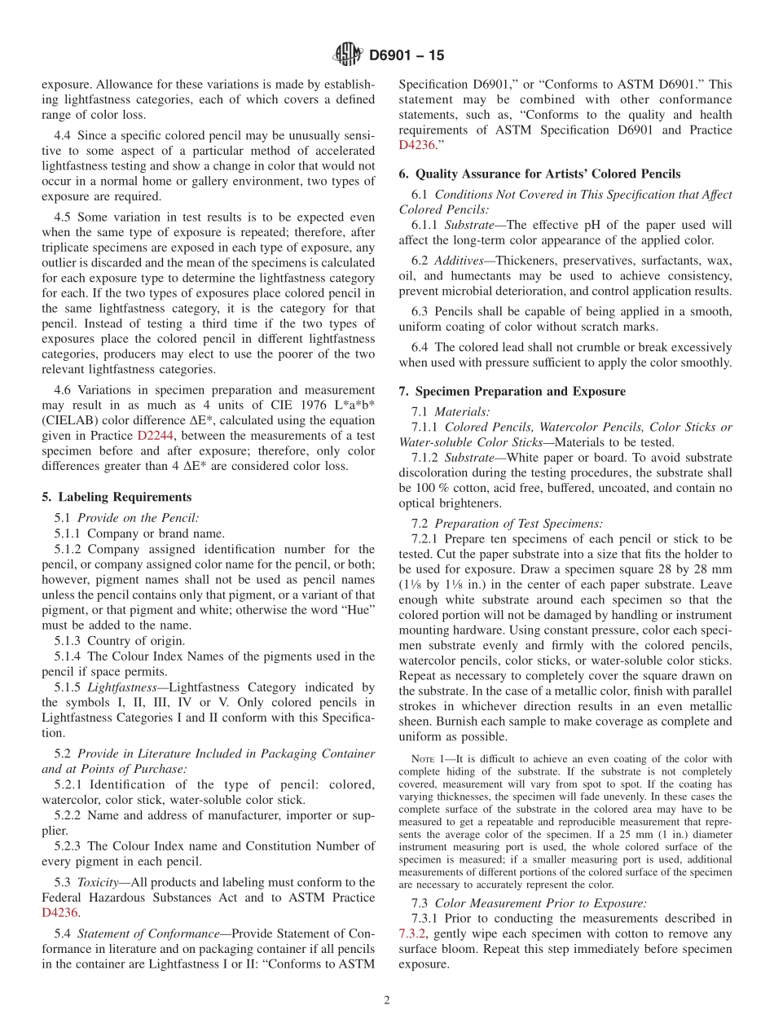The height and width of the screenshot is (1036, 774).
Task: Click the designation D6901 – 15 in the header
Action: coord(407,56)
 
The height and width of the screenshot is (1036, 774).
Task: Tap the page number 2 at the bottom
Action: coord(387,1001)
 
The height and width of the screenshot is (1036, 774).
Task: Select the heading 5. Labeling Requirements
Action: coord(117,497)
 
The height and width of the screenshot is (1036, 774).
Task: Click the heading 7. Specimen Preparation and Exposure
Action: coord(512,391)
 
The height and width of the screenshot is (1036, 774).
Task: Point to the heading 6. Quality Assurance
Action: coord(539,173)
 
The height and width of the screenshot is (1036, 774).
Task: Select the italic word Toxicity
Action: coord(99,882)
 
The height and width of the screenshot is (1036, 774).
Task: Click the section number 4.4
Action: coord(63,135)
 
